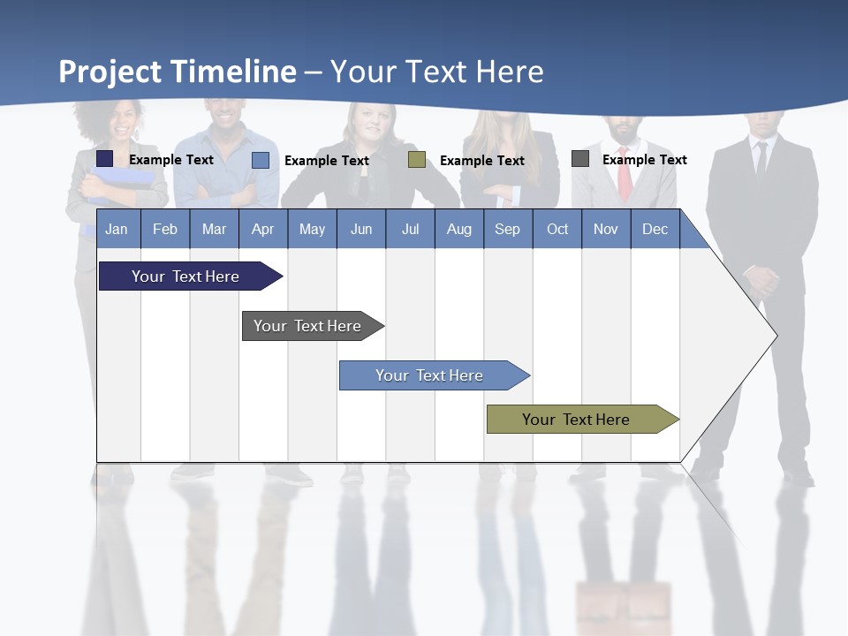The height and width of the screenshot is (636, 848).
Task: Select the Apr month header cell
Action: (263, 229)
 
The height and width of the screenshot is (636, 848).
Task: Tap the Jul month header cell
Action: (410, 229)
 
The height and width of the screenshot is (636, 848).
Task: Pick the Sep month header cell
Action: (508, 229)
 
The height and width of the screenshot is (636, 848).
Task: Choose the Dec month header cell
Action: (655, 229)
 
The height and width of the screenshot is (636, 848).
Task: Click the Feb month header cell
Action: (165, 229)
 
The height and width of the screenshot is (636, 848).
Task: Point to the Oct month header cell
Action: (557, 229)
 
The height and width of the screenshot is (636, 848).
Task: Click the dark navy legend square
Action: (105, 159)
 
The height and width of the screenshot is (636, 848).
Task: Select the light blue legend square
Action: (261, 160)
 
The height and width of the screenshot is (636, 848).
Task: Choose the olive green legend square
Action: (417, 160)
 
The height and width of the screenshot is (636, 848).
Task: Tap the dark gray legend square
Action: (580, 159)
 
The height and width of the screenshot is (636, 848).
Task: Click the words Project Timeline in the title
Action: (178, 72)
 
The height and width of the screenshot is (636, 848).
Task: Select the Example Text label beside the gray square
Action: (644, 160)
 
